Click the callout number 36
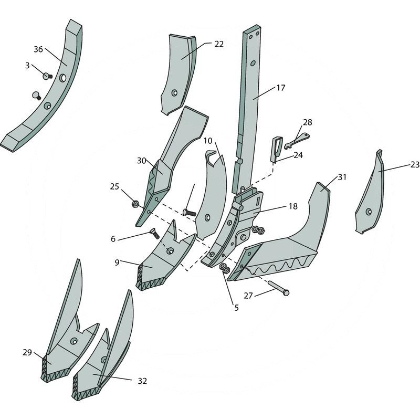click(38, 49)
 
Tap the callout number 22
click(218, 44)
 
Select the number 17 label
click(280, 88)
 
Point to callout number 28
click(307, 122)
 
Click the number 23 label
click(415, 164)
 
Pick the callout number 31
click(342, 177)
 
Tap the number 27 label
click(248, 296)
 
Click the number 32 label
click(143, 381)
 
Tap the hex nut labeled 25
click(134, 203)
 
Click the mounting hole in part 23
click(369, 212)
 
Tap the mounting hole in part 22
click(174, 93)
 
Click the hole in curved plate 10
click(208, 217)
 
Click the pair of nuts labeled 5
click(223, 268)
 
